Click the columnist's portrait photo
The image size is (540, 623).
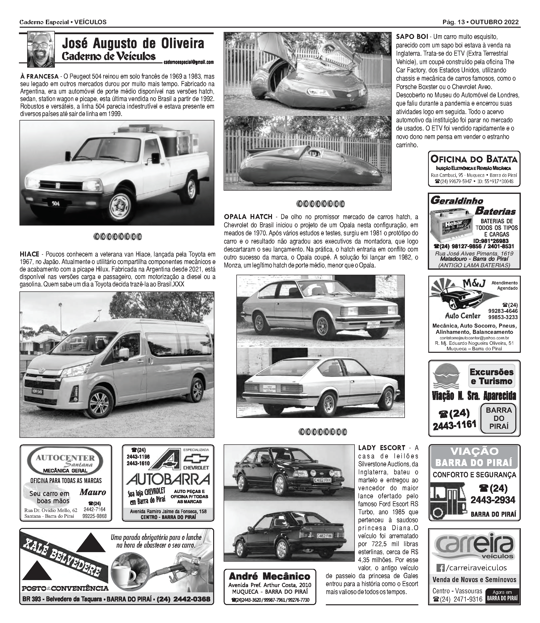(x=41, y=49)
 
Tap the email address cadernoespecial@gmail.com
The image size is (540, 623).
(x=189, y=62)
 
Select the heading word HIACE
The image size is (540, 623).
(x=29, y=254)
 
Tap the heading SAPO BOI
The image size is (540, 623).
(x=412, y=37)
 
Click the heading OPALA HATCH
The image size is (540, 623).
(x=248, y=217)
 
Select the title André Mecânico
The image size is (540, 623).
(x=270, y=577)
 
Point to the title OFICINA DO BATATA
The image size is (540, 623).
(x=474, y=159)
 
